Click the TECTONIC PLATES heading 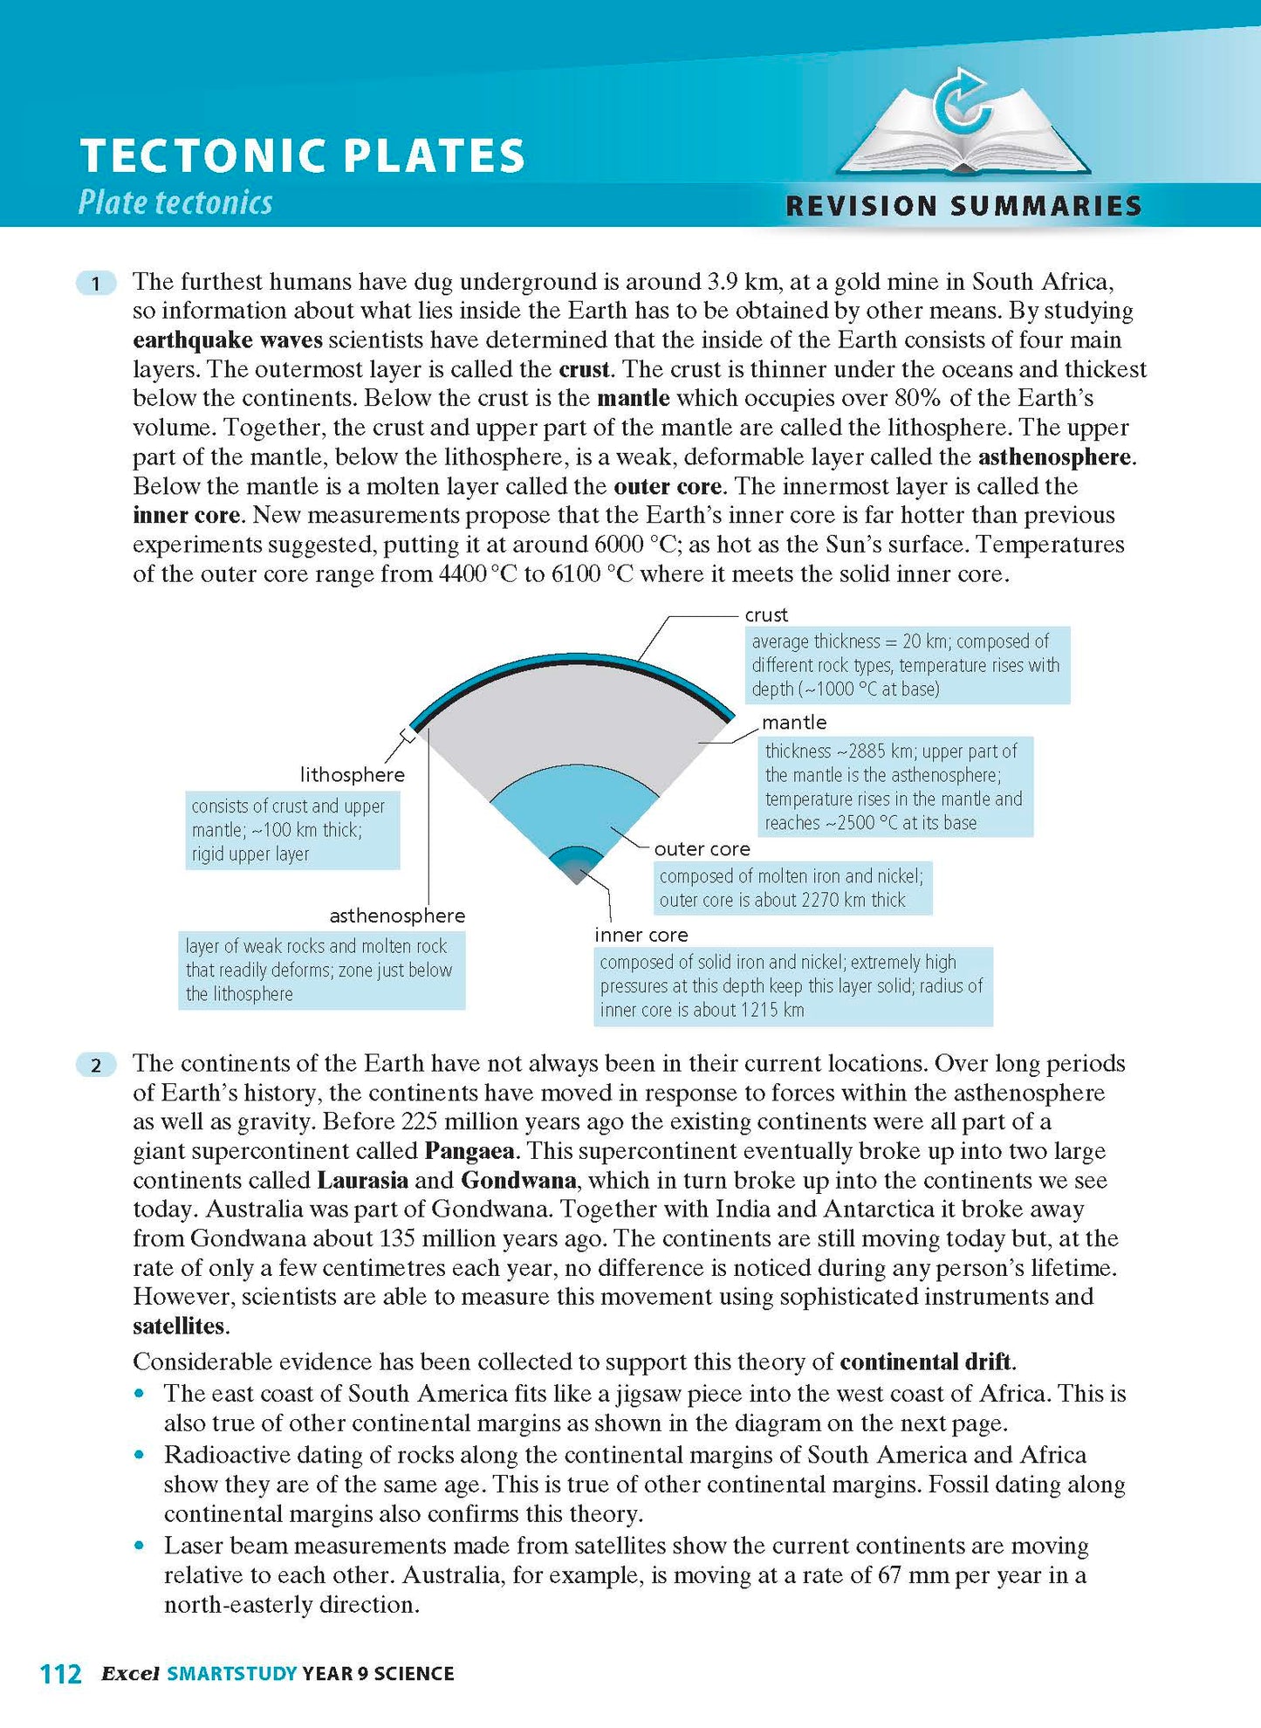[302, 156]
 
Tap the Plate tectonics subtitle [175, 203]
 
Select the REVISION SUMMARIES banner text [963, 206]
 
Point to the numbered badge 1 [96, 283]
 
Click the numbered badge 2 [96, 1065]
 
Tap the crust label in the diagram [765, 615]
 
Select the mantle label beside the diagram [793, 723]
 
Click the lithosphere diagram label [352, 775]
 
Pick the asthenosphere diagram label [397, 915]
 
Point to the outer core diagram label [702, 849]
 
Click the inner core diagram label [641, 935]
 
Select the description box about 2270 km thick [792, 888]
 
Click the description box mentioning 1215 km [792, 986]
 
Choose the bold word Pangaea [469, 1151]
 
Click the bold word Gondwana [518, 1181]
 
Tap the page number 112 [61, 1674]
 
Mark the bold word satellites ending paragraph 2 [179, 1327]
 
